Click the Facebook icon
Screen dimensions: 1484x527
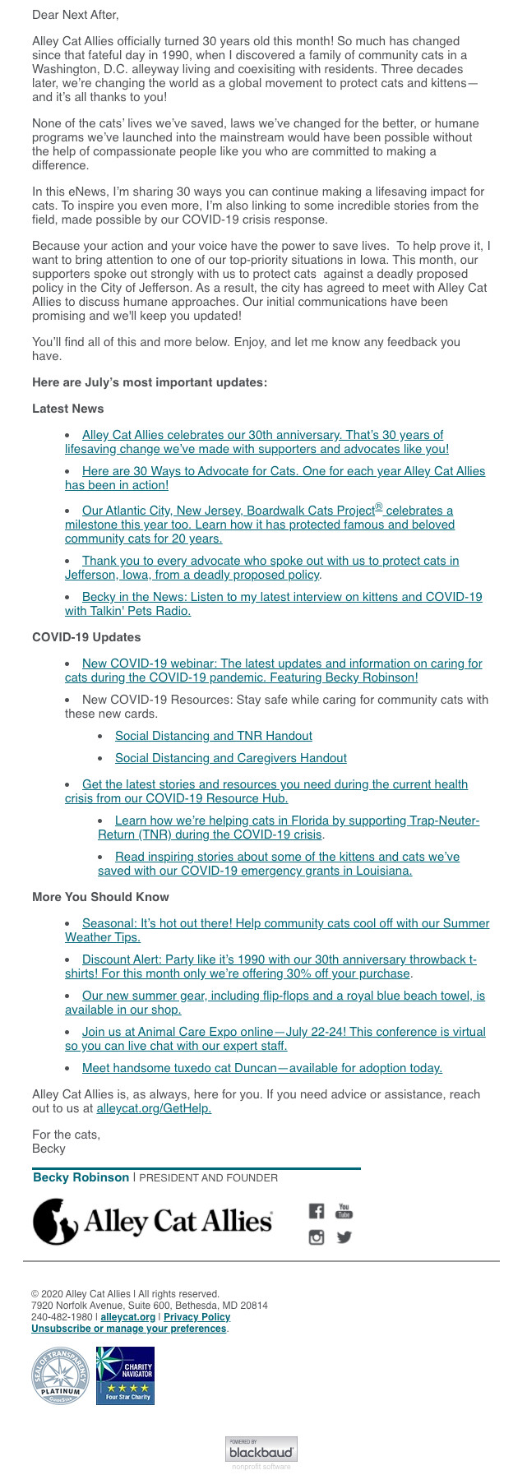click(317, 1210)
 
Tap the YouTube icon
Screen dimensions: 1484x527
click(344, 1210)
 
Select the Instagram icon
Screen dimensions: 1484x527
click(317, 1237)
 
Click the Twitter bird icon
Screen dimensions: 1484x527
click(344, 1237)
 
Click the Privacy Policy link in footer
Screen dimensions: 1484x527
click(196, 1317)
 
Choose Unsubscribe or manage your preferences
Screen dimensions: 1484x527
click(128, 1329)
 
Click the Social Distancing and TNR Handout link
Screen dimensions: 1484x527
click(213, 736)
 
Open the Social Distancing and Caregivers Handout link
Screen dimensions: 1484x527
click(230, 758)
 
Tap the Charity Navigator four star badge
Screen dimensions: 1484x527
click(125, 1375)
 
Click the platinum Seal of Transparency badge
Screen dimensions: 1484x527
click(60, 1376)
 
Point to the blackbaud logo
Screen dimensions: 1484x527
click(261, 1449)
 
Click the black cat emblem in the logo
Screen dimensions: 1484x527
click(56, 1221)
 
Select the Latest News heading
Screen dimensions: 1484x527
click(67, 409)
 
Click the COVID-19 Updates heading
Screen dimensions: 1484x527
click(86, 637)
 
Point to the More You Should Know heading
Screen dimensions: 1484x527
click(100, 897)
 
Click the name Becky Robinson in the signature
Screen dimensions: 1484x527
click(81, 1177)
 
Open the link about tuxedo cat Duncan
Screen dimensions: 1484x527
click(261, 1068)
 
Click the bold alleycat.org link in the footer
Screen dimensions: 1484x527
click(127, 1317)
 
